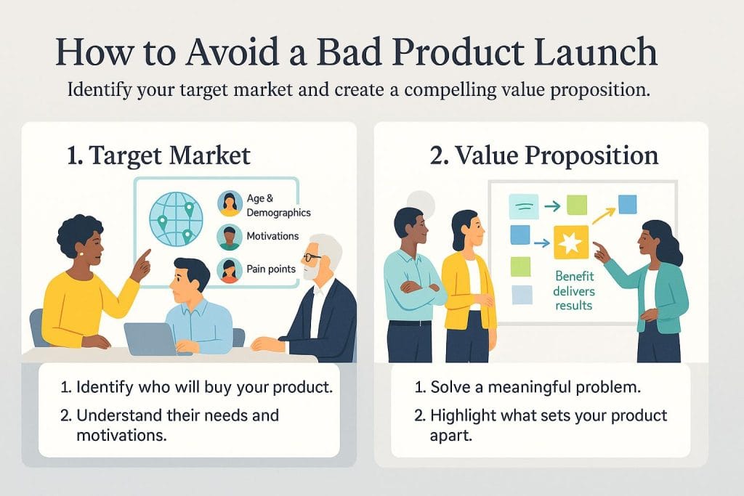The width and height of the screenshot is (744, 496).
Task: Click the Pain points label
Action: coord(271,269)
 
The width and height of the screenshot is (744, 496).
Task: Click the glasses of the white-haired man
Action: coord(312,258)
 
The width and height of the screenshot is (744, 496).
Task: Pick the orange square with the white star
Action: coord(570,242)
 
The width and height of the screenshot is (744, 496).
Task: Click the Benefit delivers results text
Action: coord(574,290)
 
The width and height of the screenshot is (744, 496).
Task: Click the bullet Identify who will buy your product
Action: coord(197,387)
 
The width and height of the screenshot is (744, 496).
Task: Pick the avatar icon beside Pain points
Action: coord(230,269)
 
